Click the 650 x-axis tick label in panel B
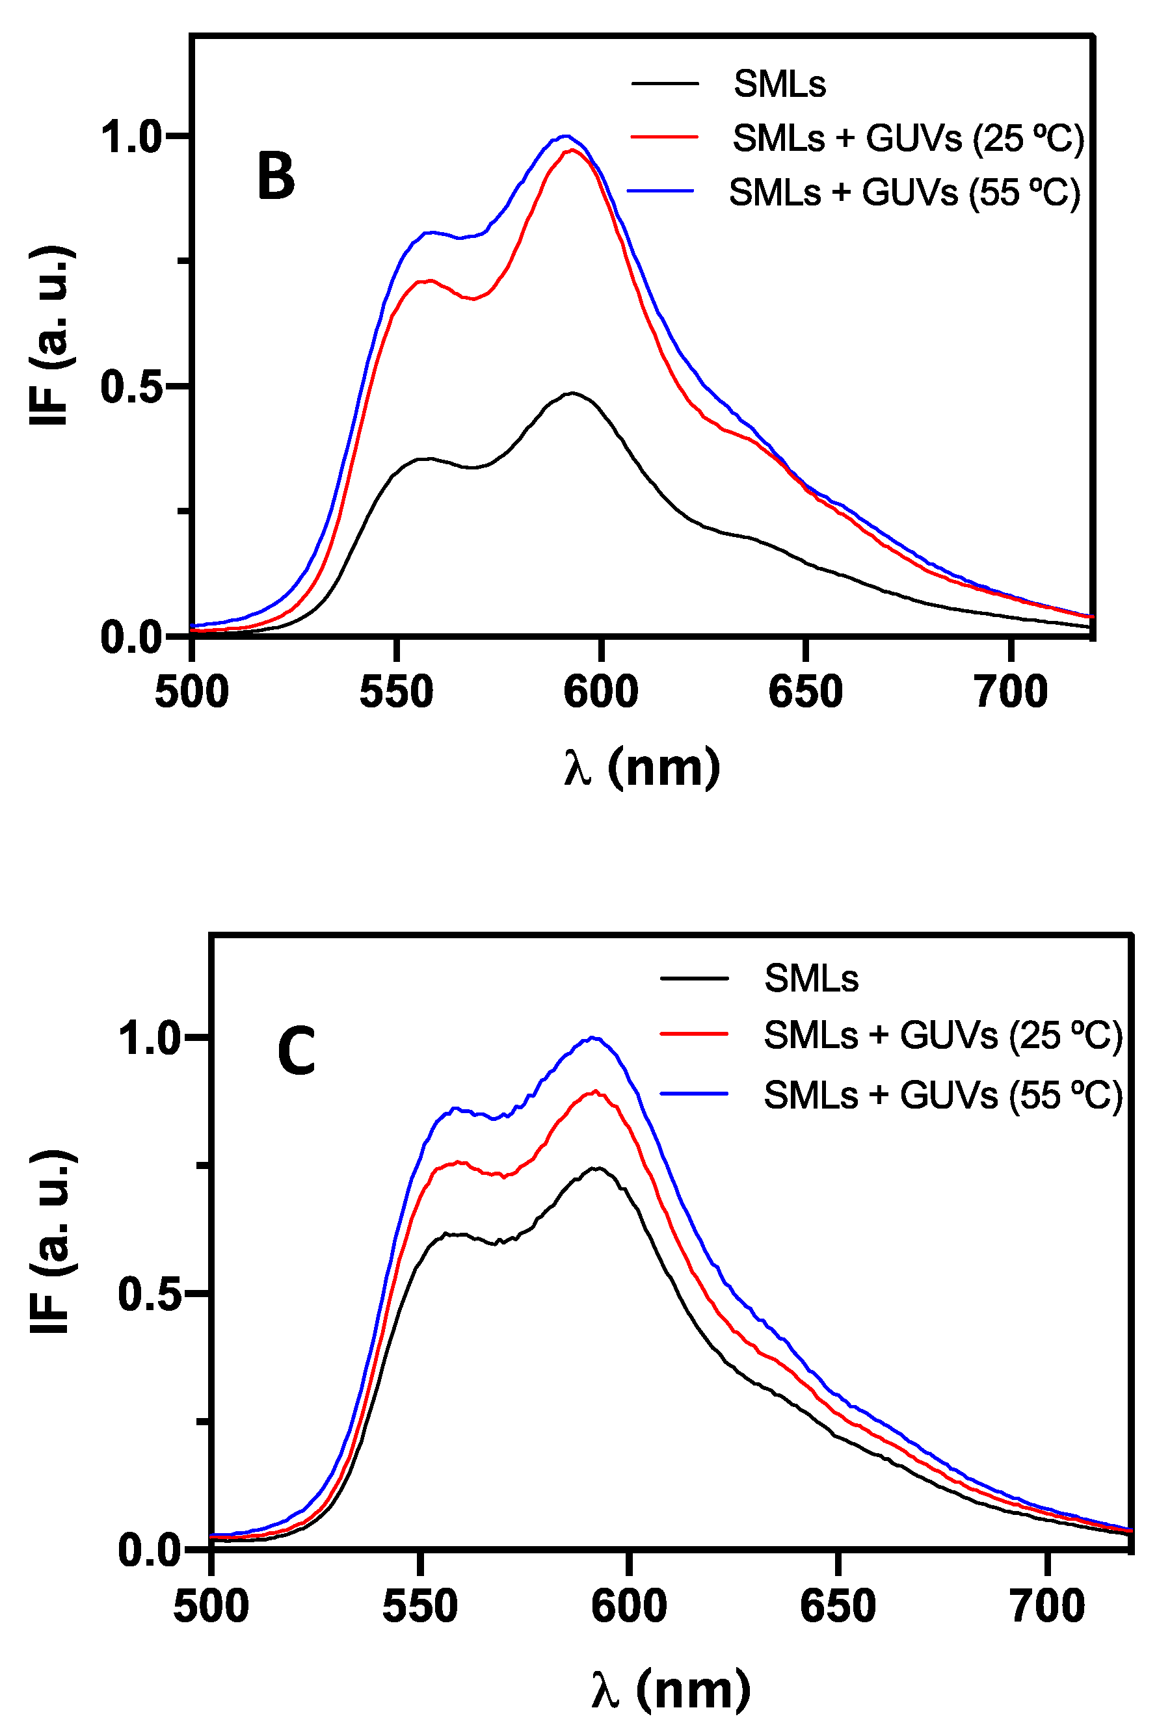point(805,692)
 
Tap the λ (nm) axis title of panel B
point(641,768)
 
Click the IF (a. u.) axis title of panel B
point(50,335)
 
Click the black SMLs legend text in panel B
point(779,83)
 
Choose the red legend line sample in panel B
point(663,137)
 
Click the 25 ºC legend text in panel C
point(942,1035)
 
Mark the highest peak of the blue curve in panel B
point(565,136)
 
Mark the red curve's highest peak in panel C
point(594,1092)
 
